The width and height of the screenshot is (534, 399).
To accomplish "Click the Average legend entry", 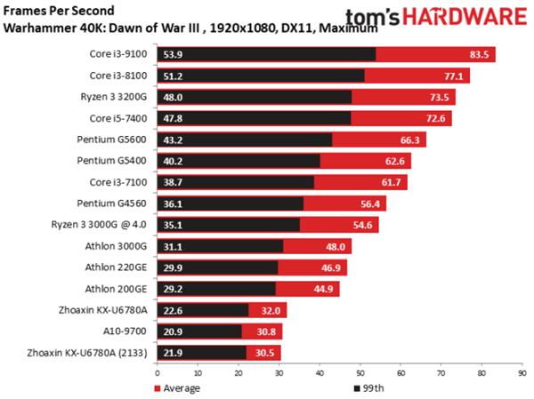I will coord(182,387).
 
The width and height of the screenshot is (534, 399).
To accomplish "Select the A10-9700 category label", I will coord(128,331).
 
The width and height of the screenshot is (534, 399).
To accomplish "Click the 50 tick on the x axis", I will coord(360,373).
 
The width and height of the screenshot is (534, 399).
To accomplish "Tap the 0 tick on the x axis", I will coord(157,373).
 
